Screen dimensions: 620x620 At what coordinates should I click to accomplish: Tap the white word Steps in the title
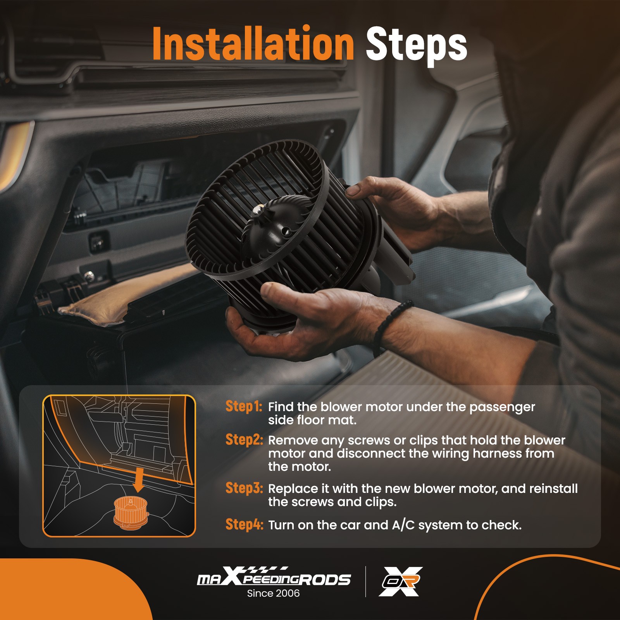[417, 46]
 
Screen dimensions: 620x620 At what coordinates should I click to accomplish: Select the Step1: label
[244, 406]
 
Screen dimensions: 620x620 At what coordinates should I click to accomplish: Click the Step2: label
[244, 439]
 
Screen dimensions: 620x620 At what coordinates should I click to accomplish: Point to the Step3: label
[244, 488]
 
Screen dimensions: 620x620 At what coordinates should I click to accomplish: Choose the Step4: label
[244, 524]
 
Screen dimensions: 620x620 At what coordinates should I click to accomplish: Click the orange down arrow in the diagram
[138, 480]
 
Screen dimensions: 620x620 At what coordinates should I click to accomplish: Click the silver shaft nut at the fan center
[257, 210]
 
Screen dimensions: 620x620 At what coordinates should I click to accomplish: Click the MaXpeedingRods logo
[274, 577]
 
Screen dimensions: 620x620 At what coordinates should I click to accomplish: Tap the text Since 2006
[273, 593]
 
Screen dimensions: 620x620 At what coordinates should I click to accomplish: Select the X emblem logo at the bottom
[401, 581]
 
